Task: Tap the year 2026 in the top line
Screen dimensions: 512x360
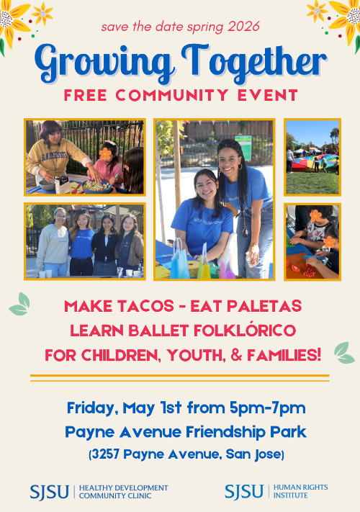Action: (x=244, y=27)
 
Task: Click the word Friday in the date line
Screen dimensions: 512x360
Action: (x=90, y=408)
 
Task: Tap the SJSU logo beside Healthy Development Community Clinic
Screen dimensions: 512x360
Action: (x=49, y=492)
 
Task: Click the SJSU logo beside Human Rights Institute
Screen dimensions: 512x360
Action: (x=244, y=492)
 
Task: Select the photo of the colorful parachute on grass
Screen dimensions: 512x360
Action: (x=312, y=157)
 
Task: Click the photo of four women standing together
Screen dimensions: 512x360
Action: (x=85, y=241)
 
